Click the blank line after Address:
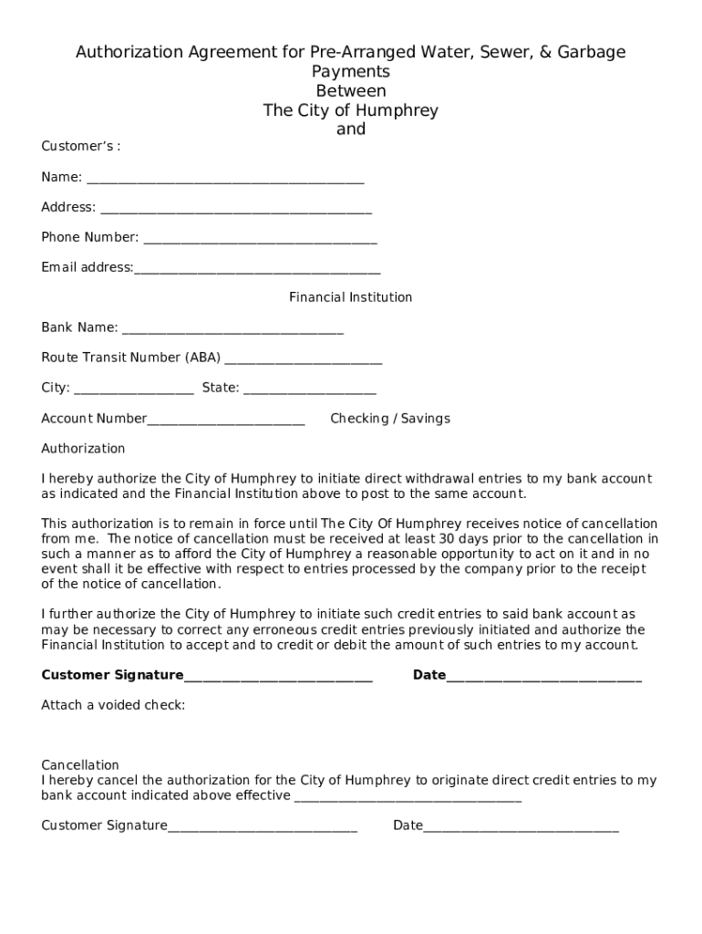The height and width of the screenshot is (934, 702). click(236, 208)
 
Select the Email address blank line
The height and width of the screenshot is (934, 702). click(257, 269)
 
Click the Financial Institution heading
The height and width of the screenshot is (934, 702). click(350, 297)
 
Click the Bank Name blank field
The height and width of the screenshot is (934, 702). click(232, 328)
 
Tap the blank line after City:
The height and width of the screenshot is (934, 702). click(133, 389)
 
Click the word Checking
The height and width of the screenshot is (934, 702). click(358, 419)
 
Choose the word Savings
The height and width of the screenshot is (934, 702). click(424, 419)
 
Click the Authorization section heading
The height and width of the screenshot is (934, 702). click(83, 449)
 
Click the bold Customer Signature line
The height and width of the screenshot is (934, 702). click(278, 677)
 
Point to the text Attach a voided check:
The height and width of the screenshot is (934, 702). click(113, 705)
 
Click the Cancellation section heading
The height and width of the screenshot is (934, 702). click(80, 765)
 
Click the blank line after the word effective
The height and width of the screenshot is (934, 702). click(408, 797)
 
